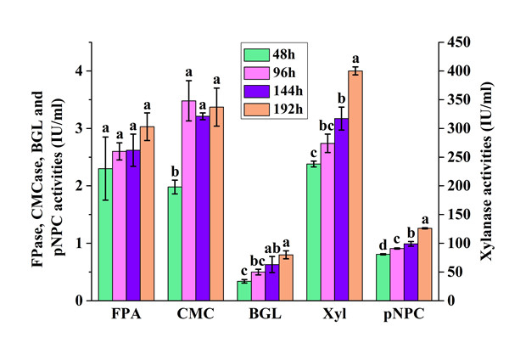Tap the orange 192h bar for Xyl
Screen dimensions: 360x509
click(x=355, y=186)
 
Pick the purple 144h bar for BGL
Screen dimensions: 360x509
click(x=271, y=283)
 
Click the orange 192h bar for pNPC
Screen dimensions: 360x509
click(x=425, y=264)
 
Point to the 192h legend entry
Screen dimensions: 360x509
click(x=271, y=109)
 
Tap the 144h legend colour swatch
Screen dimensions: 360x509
click(x=255, y=91)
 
